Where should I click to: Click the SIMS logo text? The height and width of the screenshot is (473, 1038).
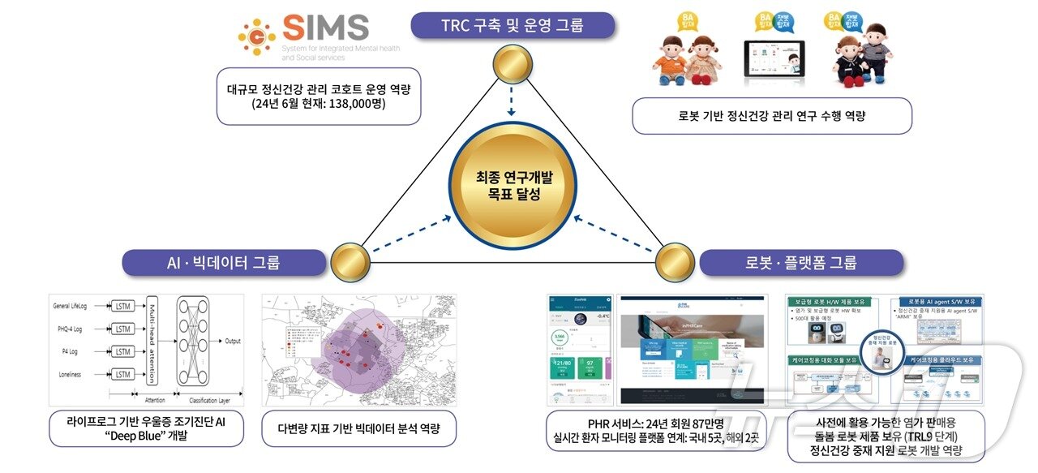tap(324, 29)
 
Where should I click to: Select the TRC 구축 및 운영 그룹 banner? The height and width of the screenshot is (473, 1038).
tap(512, 25)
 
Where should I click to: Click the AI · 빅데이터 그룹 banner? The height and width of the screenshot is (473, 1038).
tap(225, 262)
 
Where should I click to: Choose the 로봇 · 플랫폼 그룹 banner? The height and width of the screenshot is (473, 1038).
tap(800, 262)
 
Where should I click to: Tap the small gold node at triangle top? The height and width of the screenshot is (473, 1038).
tap(512, 67)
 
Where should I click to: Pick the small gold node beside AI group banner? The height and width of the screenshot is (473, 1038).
tap(350, 262)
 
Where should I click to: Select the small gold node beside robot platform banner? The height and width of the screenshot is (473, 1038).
tap(674, 262)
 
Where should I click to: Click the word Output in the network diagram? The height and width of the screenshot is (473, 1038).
tap(234, 340)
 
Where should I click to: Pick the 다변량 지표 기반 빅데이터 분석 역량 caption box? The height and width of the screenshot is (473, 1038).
tap(358, 428)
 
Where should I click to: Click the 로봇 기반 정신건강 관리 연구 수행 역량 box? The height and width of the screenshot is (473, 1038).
tap(771, 115)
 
